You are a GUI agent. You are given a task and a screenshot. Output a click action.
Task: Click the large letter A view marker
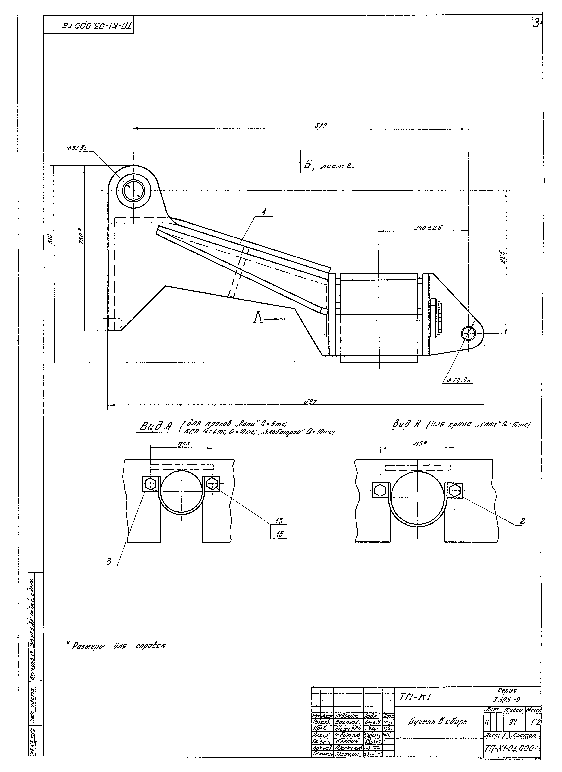[258, 318]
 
